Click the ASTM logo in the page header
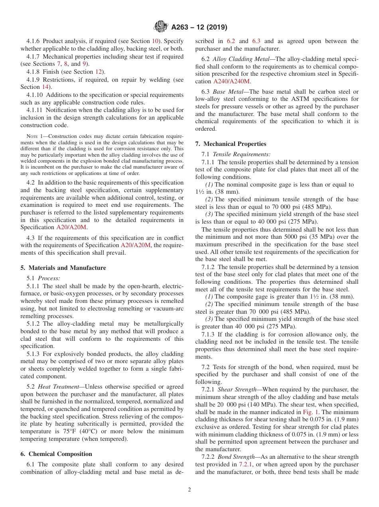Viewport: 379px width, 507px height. tap(161, 27)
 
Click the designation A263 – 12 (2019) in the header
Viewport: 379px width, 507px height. tap(199, 28)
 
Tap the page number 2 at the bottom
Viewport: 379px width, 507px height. tap(189, 490)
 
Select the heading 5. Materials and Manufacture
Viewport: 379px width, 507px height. tap(63, 267)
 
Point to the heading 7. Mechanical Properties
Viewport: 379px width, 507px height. tap(231, 144)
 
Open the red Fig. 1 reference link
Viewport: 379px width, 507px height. tap(310, 412)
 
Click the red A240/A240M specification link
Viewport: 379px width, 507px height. tap(232, 81)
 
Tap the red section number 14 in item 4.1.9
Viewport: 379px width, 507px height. tap(46, 87)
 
